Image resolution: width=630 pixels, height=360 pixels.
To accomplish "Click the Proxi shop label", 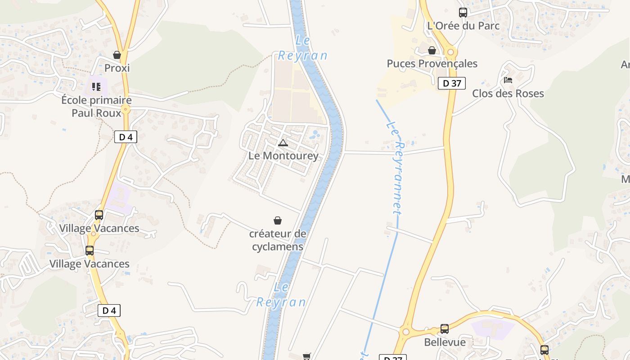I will point(117,68).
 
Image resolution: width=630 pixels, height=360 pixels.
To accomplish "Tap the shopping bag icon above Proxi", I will point(117,55).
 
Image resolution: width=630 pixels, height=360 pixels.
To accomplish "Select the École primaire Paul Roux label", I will point(96,106).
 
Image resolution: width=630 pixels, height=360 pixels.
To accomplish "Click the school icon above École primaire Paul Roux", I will point(96,86).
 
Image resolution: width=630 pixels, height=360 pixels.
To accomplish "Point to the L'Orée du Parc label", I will point(463,26).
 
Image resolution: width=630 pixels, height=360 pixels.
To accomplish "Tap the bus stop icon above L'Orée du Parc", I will point(463,13).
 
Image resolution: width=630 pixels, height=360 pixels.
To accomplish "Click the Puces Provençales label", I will point(432,63).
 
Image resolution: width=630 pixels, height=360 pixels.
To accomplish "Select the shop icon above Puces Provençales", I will point(432,50).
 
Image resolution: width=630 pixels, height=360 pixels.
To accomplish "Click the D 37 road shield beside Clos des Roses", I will point(451,83).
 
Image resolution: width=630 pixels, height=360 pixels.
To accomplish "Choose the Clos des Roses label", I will point(508,94).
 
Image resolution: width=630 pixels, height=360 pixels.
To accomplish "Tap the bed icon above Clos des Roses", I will point(508,81).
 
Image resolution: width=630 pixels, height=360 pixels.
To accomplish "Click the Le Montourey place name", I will point(283,156).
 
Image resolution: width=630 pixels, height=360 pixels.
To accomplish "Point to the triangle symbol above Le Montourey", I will point(283,143).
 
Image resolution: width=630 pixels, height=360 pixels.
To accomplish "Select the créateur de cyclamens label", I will point(278,240).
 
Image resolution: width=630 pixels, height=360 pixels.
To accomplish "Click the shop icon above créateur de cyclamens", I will point(278,220).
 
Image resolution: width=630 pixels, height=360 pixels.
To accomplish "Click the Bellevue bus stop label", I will point(445,342).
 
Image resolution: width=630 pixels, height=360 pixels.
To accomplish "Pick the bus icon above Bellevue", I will point(445,329).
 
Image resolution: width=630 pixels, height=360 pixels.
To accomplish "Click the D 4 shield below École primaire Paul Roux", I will point(126,137).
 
